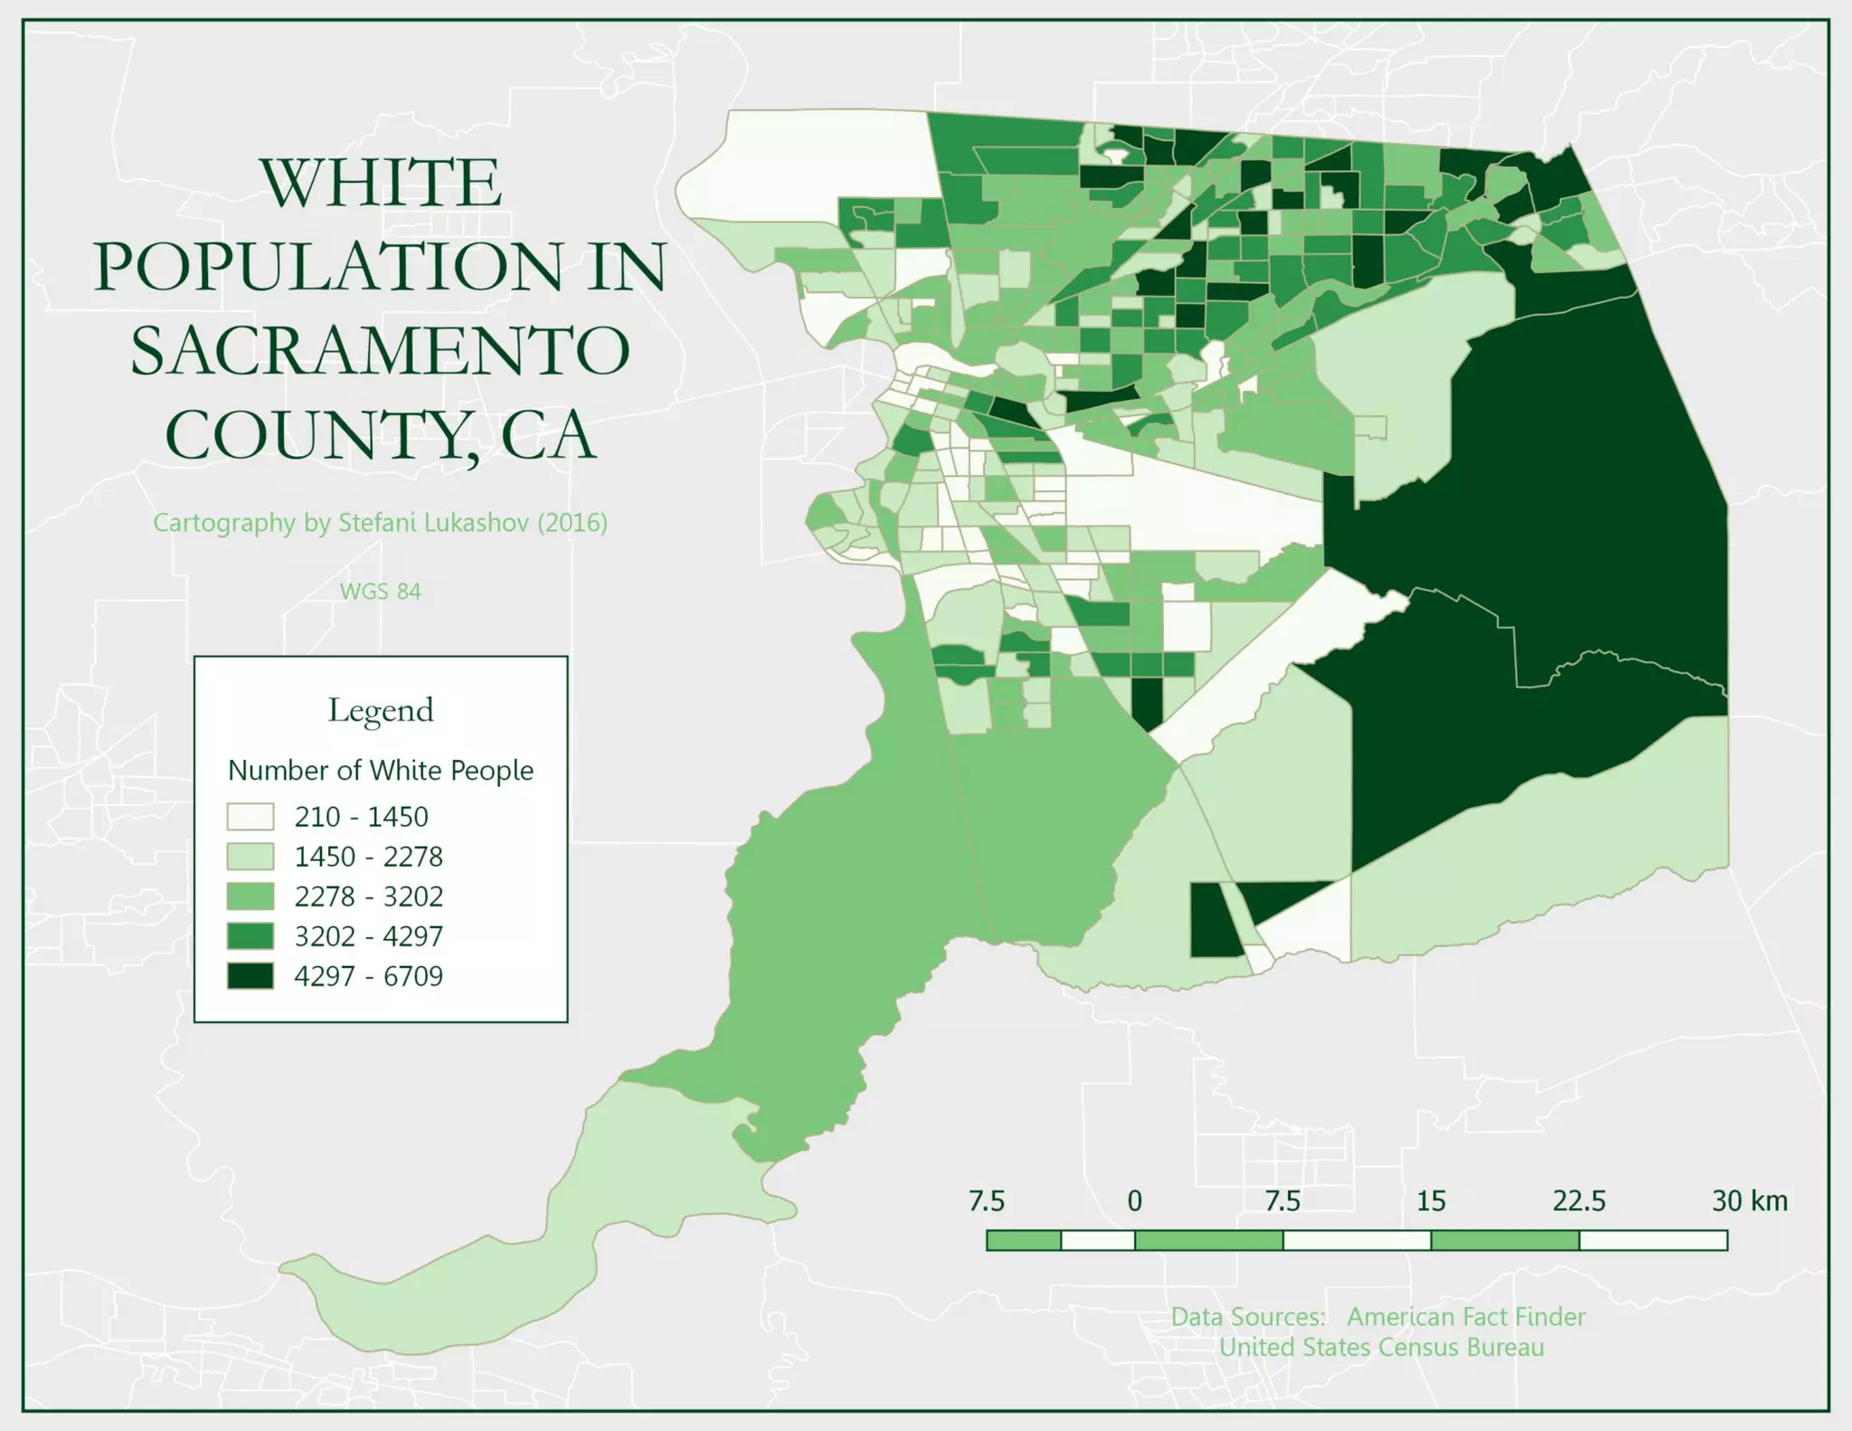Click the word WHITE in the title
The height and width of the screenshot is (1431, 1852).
(381, 184)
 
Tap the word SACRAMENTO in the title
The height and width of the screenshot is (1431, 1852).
(381, 351)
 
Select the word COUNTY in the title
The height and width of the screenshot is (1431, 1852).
(312, 435)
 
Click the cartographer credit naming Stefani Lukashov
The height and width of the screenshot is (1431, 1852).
(380, 523)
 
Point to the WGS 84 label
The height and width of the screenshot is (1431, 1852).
(380, 592)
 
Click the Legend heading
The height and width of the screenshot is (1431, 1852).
(380, 710)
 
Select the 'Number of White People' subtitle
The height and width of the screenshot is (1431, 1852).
(380, 771)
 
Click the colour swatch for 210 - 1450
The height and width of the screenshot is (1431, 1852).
(250, 817)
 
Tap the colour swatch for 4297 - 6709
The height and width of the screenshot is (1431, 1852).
(250, 976)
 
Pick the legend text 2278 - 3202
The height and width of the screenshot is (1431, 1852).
(368, 896)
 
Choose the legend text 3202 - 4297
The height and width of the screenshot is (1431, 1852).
(368, 936)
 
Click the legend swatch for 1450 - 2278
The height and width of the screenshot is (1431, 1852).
(250, 857)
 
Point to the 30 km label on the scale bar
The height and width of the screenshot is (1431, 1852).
(1749, 1201)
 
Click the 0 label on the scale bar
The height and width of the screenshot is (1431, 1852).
(1134, 1201)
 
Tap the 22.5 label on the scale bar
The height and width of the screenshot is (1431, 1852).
(1579, 1201)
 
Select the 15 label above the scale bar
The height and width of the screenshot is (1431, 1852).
(1431, 1201)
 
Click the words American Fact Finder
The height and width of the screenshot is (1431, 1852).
(1466, 1317)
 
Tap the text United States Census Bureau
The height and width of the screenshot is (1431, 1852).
(1381, 1348)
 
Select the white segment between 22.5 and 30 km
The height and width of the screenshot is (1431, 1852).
(1653, 1240)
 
